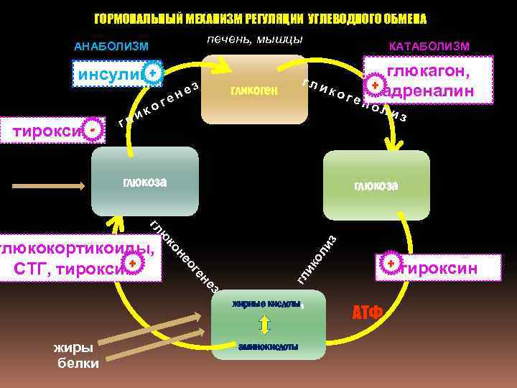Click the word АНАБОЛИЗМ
pos(111,47)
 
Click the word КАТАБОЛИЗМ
pos(429,47)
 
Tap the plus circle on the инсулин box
pos(152,73)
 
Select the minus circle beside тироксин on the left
pos(94,129)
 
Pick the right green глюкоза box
pos(376,185)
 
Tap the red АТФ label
pos(367,313)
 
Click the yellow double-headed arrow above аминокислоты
pos(264,325)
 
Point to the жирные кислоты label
pos(266,304)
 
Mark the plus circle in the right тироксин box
pos(390,264)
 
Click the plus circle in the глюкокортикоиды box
pos(134,266)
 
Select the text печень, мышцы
pos(254,38)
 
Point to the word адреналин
pos(432,91)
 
